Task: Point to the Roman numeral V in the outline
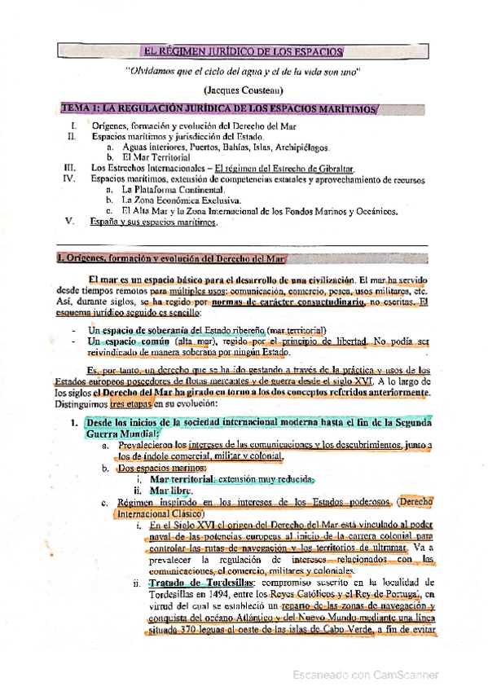70,221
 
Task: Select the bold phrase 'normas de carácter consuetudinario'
292,303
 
